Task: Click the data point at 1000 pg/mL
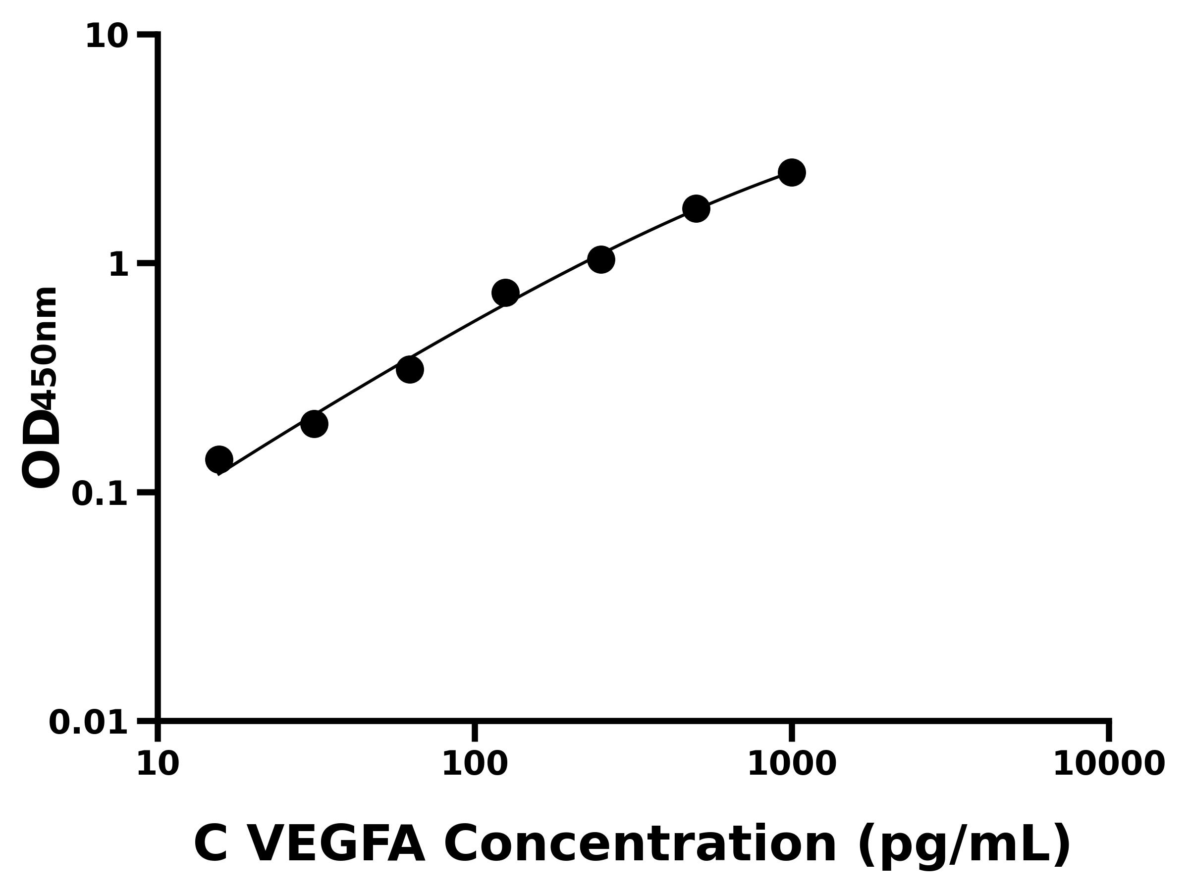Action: coord(791,172)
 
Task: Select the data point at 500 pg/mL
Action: coord(696,208)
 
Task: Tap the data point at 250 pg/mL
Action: coord(601,260)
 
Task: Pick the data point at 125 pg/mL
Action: coord(505,293)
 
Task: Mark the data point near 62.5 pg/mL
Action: coord(410,369)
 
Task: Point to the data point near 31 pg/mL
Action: coord(314,424)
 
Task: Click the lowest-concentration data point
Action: coord(219,459)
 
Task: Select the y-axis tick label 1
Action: coord(119,265)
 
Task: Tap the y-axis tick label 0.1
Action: coord(100,494)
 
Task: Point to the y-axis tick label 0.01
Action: coord(89,722)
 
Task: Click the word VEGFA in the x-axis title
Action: coord(337,845)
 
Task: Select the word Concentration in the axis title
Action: coord(640,845)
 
